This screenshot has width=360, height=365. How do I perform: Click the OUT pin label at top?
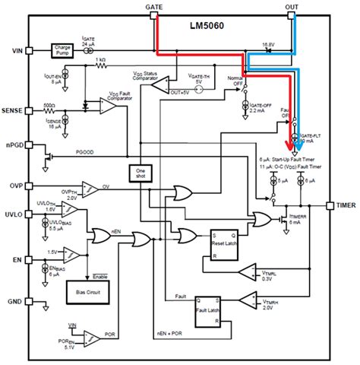292,6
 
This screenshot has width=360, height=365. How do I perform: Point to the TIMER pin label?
346,205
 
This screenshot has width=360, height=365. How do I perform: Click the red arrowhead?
289,146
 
